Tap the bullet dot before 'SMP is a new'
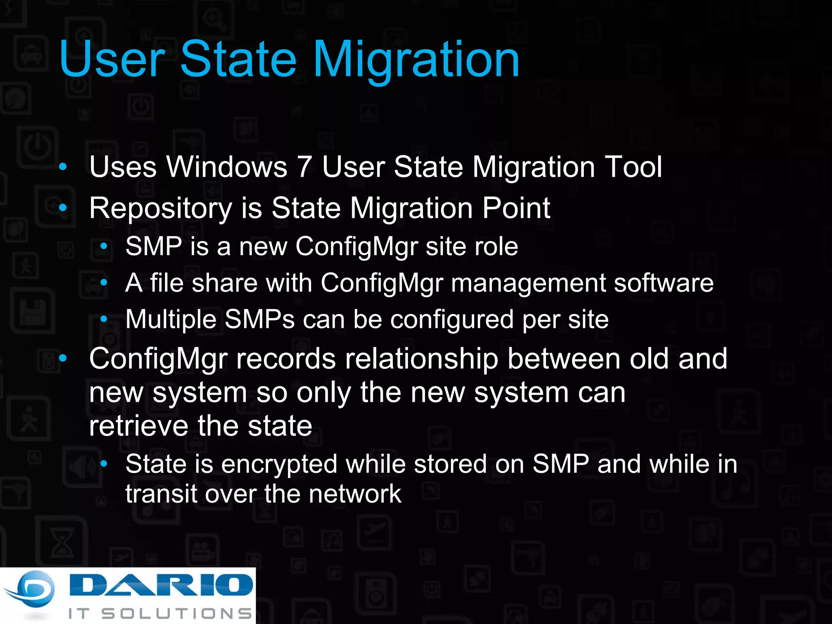click(104, 246)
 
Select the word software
click(663, 283)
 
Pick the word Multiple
click(171, 320)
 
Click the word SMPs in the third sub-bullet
click(259, 319)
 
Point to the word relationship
click(421, 359)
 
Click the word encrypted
click(279, 465)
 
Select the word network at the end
click(355, 494)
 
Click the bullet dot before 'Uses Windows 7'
click(63, 167)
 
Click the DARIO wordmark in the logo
click(161, 585)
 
